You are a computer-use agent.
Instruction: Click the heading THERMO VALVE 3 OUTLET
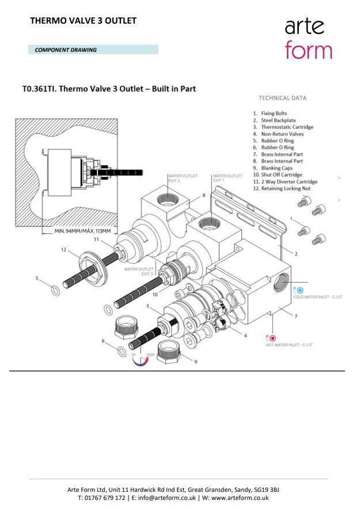[83, 21]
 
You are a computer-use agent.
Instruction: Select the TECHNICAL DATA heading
[282, 98]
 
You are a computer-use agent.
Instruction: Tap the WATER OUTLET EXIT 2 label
[182, 178]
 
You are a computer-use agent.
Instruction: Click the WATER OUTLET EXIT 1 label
[227, 178]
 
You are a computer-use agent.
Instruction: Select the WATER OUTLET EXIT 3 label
[139, 271]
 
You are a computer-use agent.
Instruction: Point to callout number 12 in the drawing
[64, 250]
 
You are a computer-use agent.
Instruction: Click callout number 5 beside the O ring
[37, 278]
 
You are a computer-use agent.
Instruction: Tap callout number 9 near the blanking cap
[196, 362]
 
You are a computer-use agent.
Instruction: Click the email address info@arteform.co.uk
[164, 498]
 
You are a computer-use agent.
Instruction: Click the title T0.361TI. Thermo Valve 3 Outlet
[109, 89]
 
